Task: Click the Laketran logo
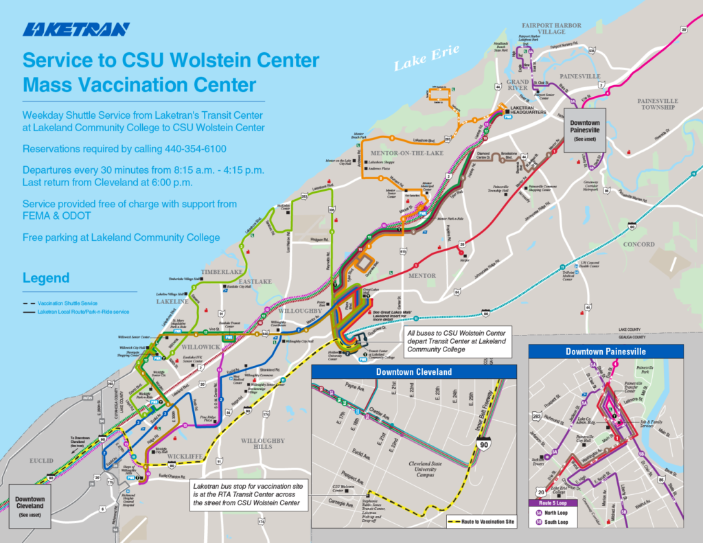(76, 30)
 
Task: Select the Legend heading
(46, 278)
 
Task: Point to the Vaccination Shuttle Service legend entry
(67, 303)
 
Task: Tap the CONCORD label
(638, 244)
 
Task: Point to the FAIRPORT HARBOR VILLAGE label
(553, 28)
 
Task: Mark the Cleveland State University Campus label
(422, 468)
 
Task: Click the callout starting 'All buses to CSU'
(455, 340)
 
